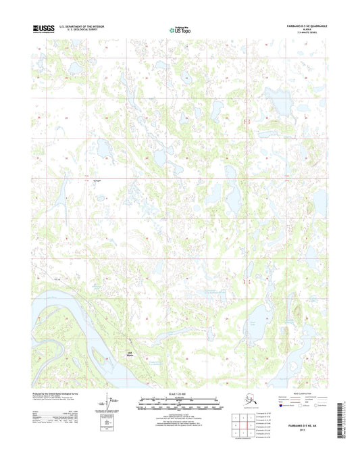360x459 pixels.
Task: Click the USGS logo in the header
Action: (43, 29)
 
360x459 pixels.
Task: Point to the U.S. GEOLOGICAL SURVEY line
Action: (82, 30)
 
